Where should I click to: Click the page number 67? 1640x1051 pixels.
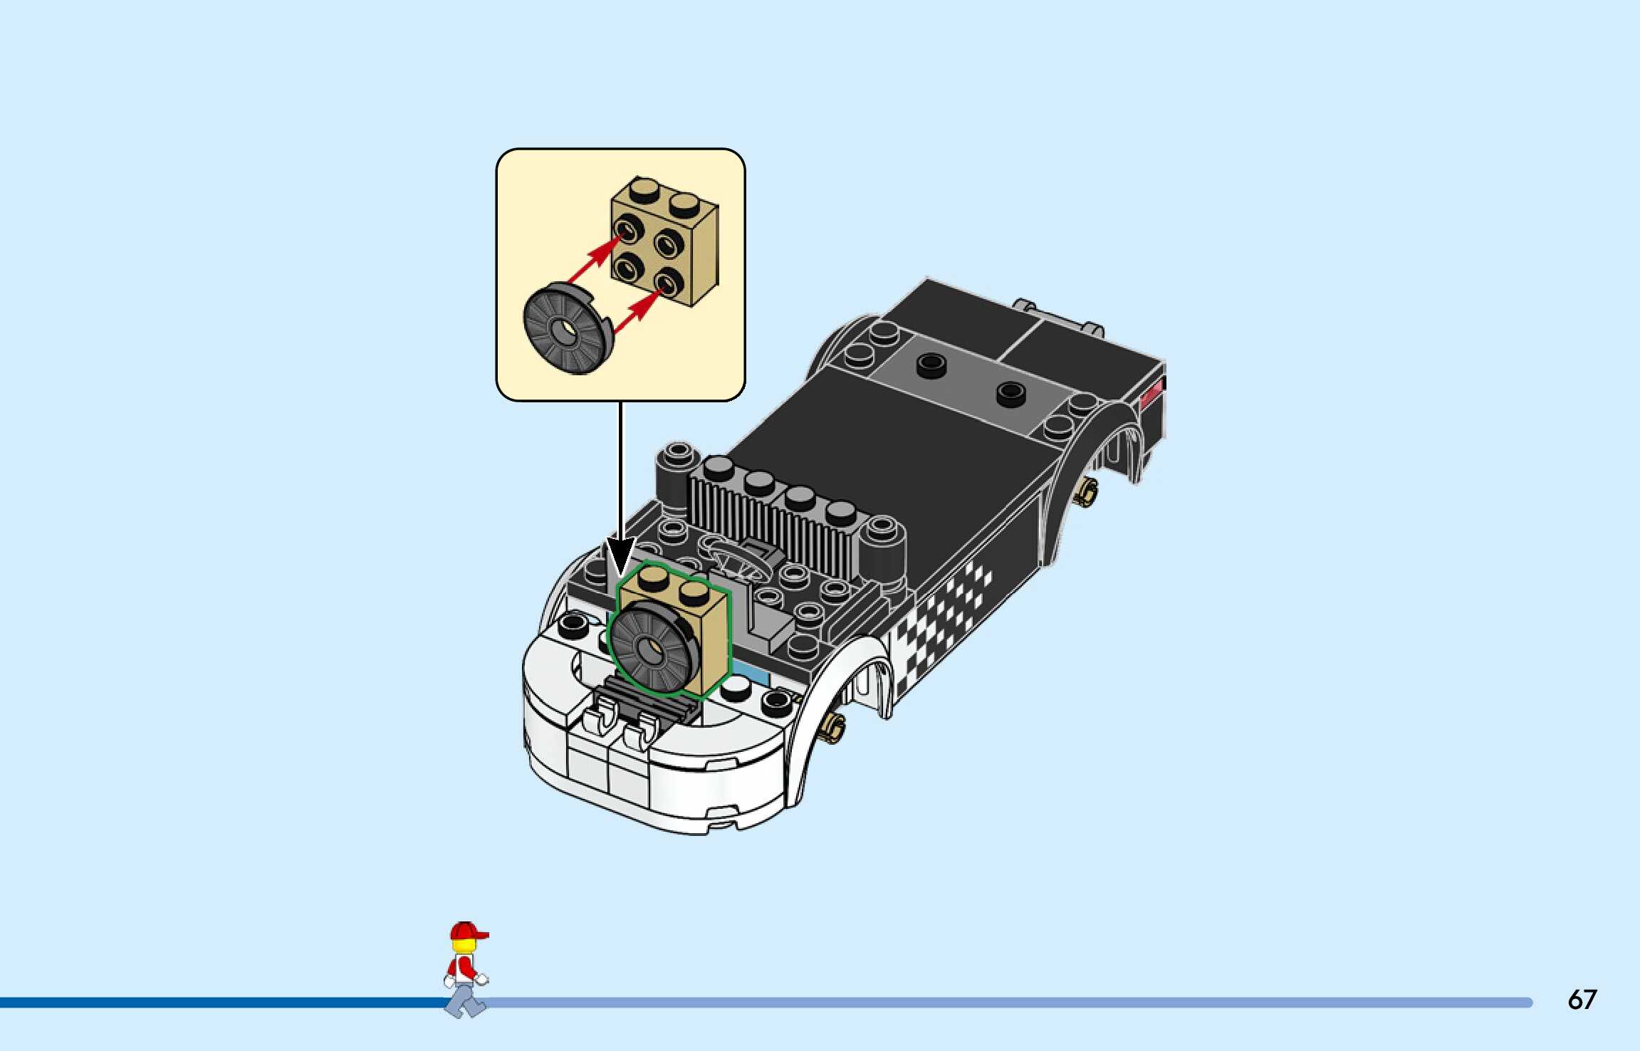pyautogui.click(x=1582, y=1000)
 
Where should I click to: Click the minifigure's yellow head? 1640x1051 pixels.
pyautogui.click(x=464, y=946)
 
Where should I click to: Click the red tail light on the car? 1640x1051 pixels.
pyautogui.click(x=1151, y=392)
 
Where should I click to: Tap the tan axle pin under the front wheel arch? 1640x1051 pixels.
pyautogui.click(x=832, y=726)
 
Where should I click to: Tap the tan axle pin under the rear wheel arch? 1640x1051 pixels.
pyautogui.click(x=1087, y=491)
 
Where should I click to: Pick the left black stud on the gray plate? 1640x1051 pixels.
pyautogui.click(x=930, y=365)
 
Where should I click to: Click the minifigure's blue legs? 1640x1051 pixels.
pyautogui.click(x=465, y=1000)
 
